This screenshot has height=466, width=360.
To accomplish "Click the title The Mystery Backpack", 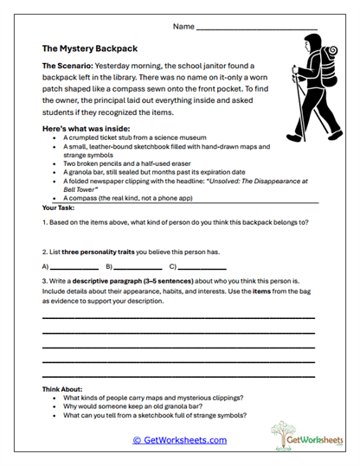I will [x=89, y=49].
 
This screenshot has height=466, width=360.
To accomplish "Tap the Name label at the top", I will [x=183, y=28].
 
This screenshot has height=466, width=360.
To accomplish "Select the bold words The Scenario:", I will [x=66, y=66].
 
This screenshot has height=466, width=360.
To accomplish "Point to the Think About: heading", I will [x=65, y=389].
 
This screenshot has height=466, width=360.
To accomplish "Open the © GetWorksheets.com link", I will [x=179, y=440].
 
